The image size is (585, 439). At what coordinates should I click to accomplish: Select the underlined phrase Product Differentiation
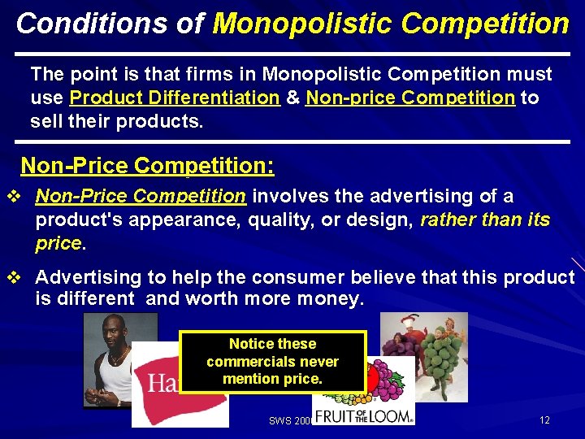tap(175, 98)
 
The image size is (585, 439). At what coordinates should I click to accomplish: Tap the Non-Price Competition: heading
tap(147, 166)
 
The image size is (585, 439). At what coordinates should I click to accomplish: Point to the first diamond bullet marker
tap(11, 197)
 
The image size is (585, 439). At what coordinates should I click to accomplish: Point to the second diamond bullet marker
tap(11, 277)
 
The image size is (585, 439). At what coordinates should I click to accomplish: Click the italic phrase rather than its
tap(485, 219)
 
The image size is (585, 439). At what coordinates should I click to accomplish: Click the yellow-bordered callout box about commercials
tap(272, 362)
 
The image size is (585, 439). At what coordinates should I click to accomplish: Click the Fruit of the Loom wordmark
tap(363, 415)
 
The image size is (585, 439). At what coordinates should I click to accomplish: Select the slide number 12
tap(544, 420)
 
